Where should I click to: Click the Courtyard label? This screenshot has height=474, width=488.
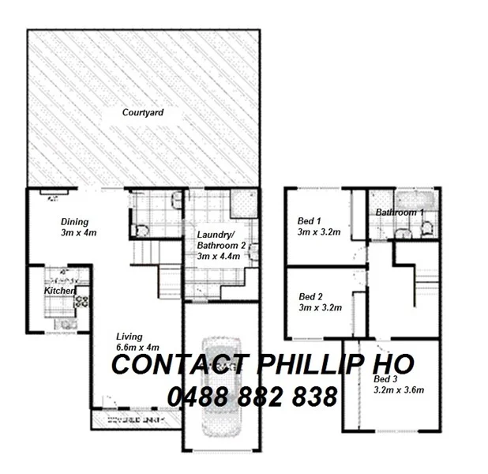143,113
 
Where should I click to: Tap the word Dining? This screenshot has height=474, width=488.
75,222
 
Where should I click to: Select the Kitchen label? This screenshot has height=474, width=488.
58,292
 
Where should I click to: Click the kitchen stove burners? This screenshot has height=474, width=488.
81,301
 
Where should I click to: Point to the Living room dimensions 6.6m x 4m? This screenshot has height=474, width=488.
137,347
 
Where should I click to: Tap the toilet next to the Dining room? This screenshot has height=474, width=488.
140,230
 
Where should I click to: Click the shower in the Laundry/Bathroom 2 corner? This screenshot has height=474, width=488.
242,205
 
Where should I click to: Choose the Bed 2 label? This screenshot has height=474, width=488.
310,297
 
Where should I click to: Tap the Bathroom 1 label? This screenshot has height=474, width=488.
400,213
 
